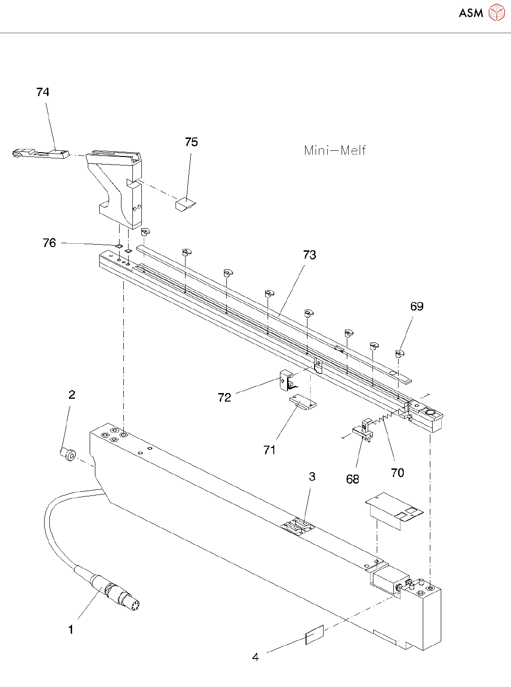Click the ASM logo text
(471, 13)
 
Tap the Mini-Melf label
(334, 151)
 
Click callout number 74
(43, 92)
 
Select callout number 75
(191, 142)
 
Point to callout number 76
(49, 243)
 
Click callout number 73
(309, 255)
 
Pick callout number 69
(417, 306)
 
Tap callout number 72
(224, 397)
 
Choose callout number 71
(269, 449)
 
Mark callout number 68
(353, 479)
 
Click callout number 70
(398, 472)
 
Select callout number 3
(312, 476)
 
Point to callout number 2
(72, 394)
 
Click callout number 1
(71, 630)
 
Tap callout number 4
(255, 657)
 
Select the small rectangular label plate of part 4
(315, 635)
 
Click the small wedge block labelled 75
(185, 204)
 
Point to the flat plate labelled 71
(303, 403)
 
